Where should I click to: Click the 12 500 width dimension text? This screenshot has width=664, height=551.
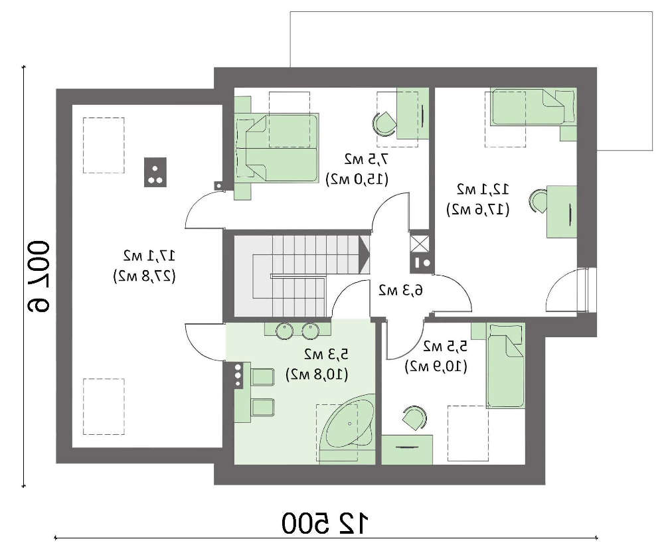(325, 523)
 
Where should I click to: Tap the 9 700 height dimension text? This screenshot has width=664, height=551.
(39, 277)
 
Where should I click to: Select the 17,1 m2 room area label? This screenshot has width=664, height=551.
(149, 256)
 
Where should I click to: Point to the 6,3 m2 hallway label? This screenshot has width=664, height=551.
(400, 290)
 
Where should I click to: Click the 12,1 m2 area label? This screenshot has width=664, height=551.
(482, 189)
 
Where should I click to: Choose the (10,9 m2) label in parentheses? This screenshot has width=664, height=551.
(436, 366)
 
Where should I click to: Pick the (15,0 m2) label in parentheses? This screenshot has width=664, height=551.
(357, 179)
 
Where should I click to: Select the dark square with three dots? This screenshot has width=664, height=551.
(155, 172)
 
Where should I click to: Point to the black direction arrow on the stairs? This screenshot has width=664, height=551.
(364, 254)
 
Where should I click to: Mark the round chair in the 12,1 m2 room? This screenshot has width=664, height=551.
(539, 200)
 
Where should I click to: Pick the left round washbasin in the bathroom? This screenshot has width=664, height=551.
(284, 331)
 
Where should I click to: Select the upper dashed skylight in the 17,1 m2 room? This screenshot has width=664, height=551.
(104, 145)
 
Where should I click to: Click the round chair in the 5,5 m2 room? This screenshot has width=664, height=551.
(414, 419)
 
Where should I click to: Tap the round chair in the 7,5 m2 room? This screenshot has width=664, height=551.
(384, 123)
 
